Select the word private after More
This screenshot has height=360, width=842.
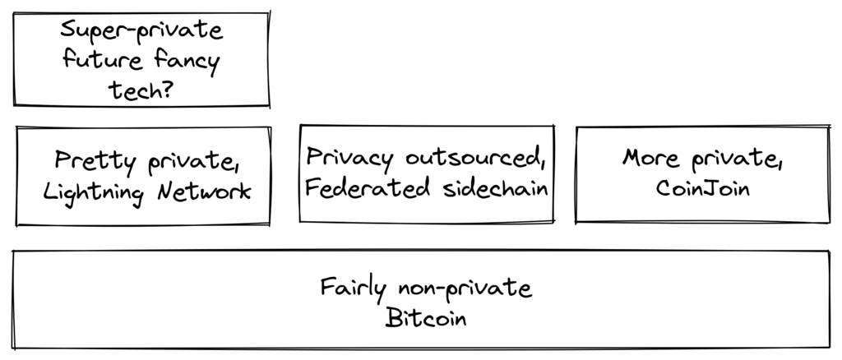pyautogui.click(x=735, y=159)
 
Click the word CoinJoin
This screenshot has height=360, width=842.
pyautogui.click(x=702, y=188)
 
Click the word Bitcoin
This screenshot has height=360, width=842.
pyautogui.click(x=425, y=318)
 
